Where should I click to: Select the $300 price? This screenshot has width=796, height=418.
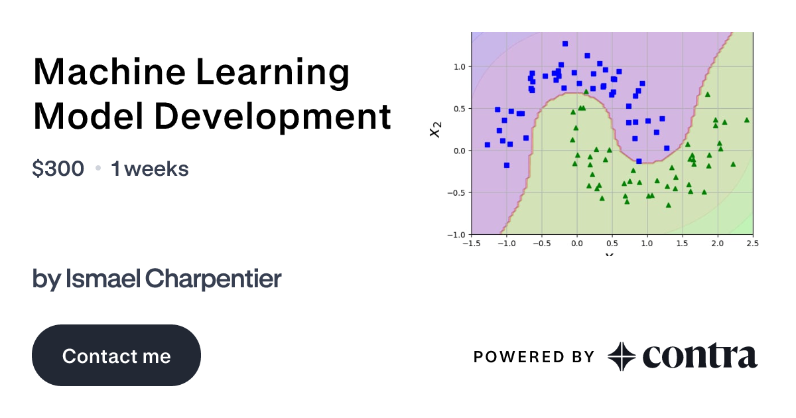[58, 169]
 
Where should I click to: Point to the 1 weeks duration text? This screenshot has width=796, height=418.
[150, 169]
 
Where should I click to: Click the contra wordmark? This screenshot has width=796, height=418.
[699, 357]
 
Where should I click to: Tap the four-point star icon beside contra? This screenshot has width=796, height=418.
[622, 357]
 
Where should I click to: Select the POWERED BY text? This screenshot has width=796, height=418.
[534, 357]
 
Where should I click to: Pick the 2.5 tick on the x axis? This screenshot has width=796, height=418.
[752, 244]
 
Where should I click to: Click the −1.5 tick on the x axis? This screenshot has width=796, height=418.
[470, 244]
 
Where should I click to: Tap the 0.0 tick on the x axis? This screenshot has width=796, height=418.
[576, 244]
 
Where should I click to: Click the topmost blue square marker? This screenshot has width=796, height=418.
[565, 44]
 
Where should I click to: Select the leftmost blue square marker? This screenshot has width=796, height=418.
[488, 145]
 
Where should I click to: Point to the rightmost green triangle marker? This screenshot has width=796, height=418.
[747, 120]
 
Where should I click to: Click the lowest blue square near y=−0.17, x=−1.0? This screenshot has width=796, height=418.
[507, 165]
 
